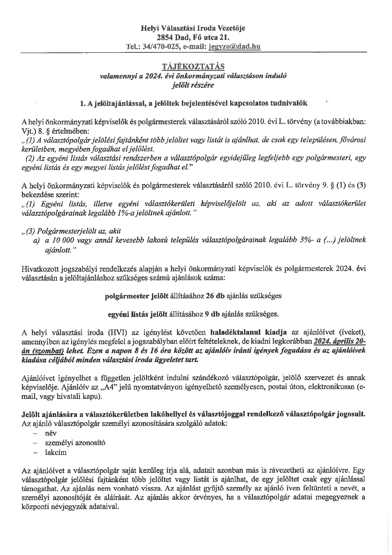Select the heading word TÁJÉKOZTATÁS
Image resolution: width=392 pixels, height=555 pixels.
click(x=193, y=66)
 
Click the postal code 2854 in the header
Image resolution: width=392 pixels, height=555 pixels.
click(x=165, y=38)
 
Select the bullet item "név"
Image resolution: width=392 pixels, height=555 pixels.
click(x=51, y=433)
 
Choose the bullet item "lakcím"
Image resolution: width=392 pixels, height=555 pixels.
click(x=56, y=452)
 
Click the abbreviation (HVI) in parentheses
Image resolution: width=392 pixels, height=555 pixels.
click(x=117, y=332)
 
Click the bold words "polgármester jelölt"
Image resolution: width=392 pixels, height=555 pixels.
click(x=132, y=296)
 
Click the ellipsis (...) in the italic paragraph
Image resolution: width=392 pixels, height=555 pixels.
click(x=329, y=240)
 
